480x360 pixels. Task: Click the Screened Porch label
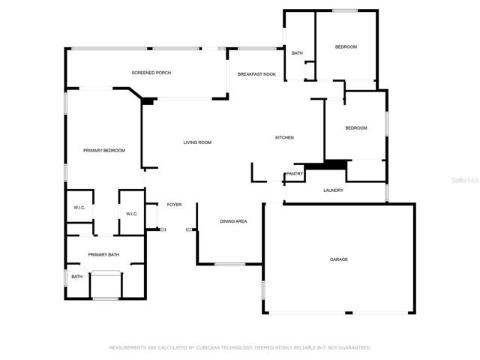click(151, 73)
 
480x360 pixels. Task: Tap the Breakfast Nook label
click(256, 74)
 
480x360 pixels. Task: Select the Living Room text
click(197, 142)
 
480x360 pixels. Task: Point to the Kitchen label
click(284, 138)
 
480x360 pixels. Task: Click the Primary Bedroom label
click(104, 151)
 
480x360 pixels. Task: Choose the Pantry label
click(295, 173)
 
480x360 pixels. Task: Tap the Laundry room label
click(333, 190)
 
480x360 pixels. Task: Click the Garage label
click(339, 259)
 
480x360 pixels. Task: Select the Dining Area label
click(233, 221)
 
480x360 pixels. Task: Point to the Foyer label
click(174, 205)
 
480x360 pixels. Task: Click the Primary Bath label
click(103, 255)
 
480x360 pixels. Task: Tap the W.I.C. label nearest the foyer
click(132, 214)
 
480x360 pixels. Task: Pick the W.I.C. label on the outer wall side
click(79, 208)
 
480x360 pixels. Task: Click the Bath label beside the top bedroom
click(297, 53)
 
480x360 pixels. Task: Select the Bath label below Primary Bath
click(76, 277)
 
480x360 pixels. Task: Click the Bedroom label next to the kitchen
click(356, 128)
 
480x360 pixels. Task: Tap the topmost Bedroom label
click(346, 46)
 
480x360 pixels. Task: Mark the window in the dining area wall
click(230, 264)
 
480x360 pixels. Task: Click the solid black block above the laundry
click(326, 165)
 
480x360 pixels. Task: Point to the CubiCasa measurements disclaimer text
click(240, 348)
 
